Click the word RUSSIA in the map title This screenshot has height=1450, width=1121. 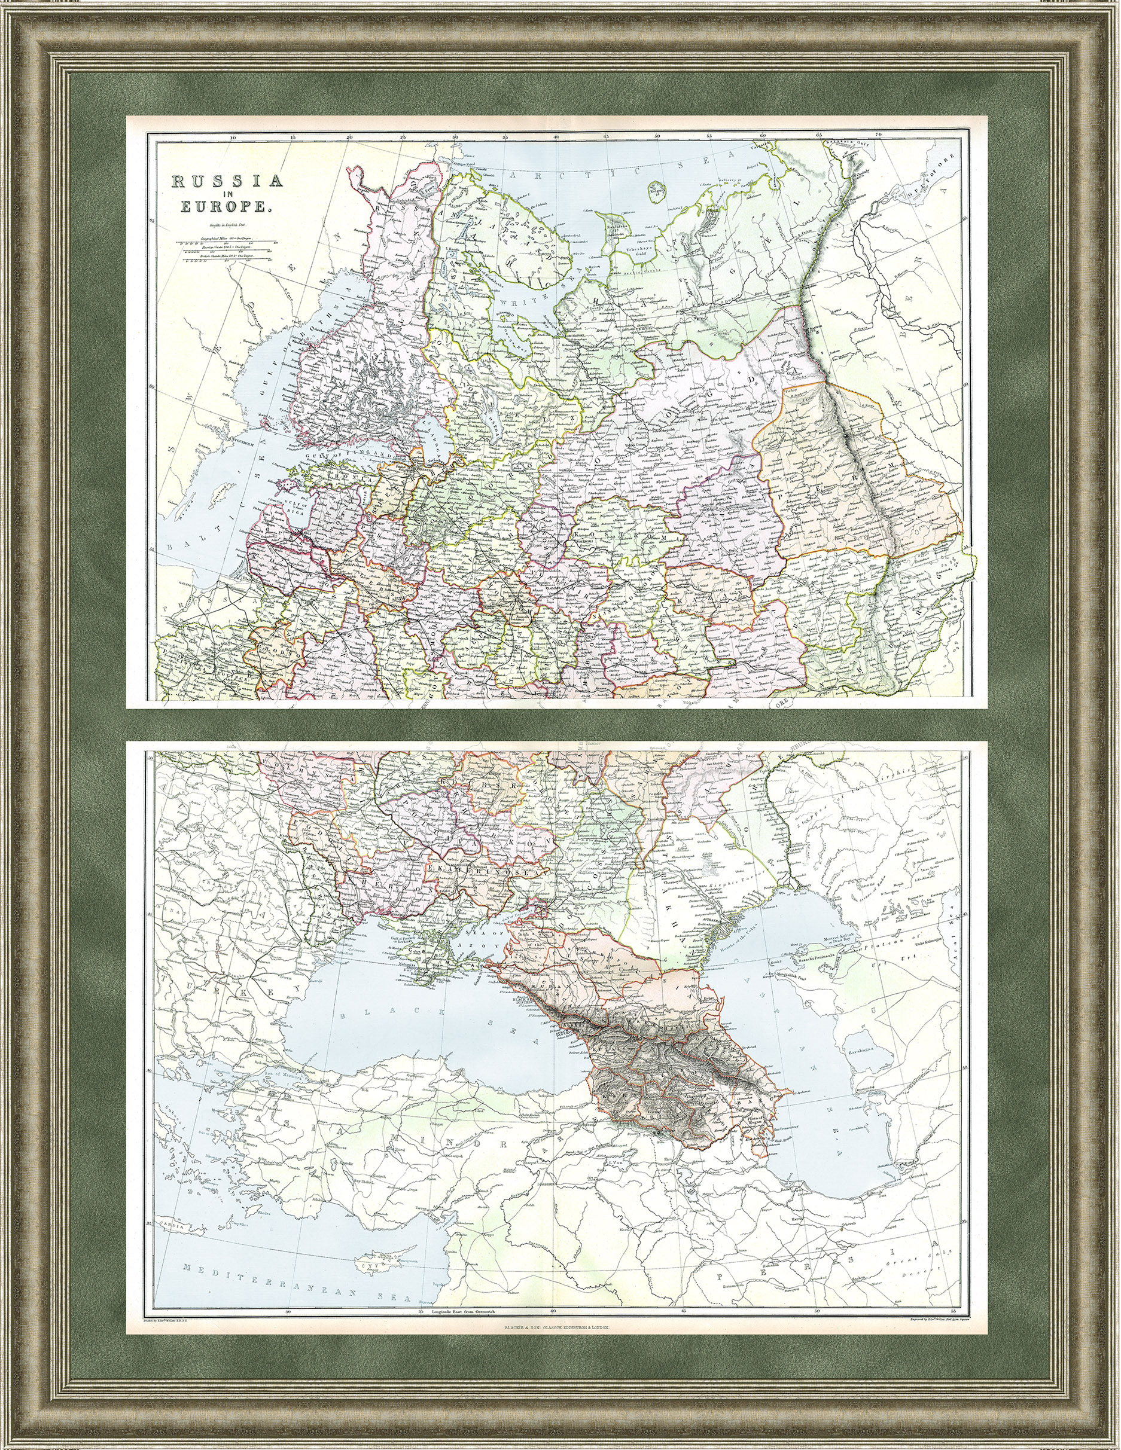pyautogui.click(x=229, y=181)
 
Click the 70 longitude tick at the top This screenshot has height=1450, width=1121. pyautogui.click(x=878, y=135)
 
